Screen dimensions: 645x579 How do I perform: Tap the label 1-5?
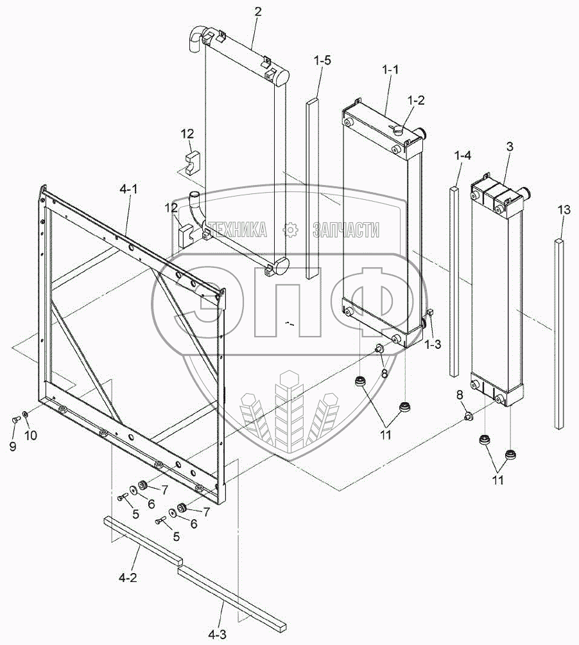pos(322,62)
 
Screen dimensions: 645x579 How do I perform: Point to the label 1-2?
pos(417,100)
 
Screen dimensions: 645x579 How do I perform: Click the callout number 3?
pos(510,146)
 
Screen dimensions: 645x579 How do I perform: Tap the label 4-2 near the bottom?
pos(128,578)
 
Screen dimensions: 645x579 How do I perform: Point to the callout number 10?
pos(30,435)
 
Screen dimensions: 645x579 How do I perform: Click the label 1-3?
pos(433,344)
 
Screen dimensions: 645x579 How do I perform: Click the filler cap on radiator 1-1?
pos(397,130)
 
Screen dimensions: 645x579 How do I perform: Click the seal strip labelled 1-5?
pos(312,186)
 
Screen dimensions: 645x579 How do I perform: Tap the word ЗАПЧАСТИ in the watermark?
pos(346,230)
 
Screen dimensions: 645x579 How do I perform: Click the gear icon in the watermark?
pos(290,229)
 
